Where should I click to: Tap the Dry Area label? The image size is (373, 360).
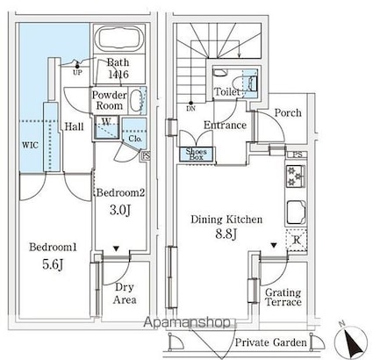tap(124, 293)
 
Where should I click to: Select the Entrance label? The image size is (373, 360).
tap(223, 126)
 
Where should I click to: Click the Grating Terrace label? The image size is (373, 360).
tap(283, 297)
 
